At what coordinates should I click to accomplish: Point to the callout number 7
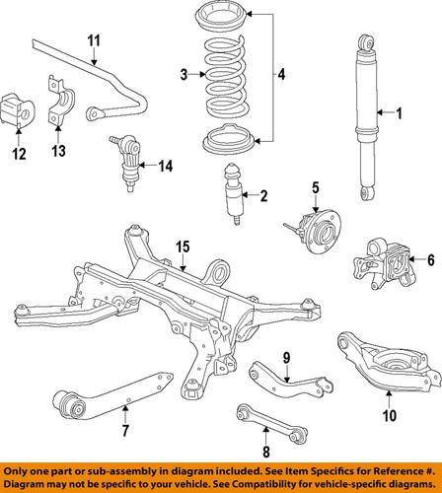pos(124,430)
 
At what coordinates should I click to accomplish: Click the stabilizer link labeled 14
pos(130,159)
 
